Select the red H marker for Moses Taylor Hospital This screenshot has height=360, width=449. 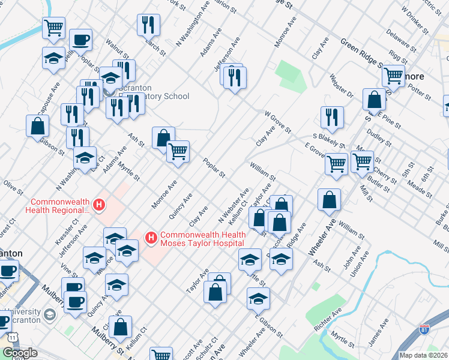[151, 238]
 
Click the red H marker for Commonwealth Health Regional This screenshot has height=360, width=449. [100, 205]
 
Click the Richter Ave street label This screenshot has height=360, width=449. [328, 320]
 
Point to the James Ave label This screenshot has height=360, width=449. [379, 332]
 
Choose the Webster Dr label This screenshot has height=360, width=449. [342, 88]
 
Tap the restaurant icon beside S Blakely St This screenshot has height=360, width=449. [332, 118]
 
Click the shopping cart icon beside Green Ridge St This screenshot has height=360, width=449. [393, 76]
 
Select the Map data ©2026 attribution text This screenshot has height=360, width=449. [424, 355]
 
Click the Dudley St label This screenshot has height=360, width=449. [379, 140]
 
